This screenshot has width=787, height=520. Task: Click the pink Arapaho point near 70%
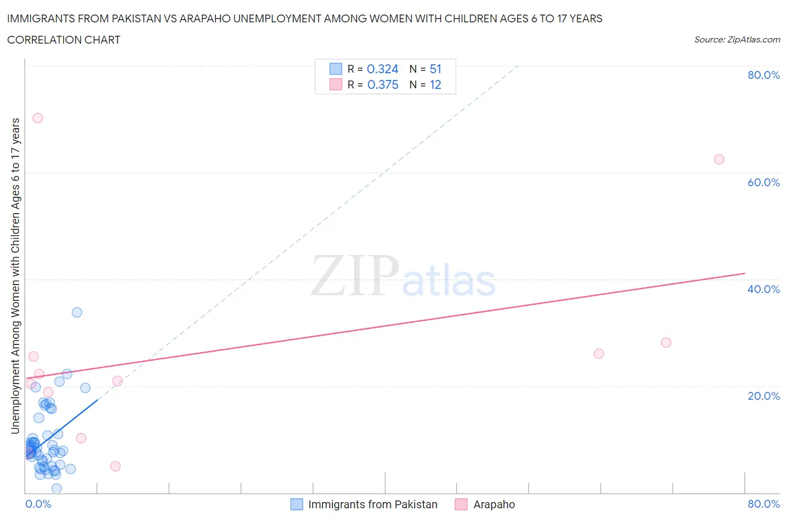[38, 118]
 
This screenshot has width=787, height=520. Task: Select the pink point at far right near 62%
[719, 159]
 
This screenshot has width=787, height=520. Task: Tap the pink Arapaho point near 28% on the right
[666, 342]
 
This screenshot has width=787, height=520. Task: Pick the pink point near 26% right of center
[599, 353]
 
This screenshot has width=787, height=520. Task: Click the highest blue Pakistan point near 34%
[77, 313]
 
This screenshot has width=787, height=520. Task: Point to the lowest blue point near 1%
[57, 488]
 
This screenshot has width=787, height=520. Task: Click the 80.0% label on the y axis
[763, 75]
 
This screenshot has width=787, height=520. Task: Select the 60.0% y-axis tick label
[763, 182]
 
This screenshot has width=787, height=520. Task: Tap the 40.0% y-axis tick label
[763, 289]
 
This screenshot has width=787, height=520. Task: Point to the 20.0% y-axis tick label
[763, 396]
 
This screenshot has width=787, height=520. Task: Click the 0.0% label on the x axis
[38, 504]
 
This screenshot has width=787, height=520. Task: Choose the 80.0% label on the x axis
[763, 504]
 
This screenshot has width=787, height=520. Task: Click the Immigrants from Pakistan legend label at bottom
[373, 504]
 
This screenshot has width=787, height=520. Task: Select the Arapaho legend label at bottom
[494, 504]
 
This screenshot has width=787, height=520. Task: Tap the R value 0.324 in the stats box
[383, 69]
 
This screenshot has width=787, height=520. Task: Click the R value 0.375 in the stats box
[383, 84]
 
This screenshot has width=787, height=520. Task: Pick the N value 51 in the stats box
[435, 69]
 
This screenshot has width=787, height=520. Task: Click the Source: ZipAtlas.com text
[737, 39]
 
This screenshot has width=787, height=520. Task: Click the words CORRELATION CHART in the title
[64, 40]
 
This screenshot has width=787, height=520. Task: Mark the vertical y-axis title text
[15, 276]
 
